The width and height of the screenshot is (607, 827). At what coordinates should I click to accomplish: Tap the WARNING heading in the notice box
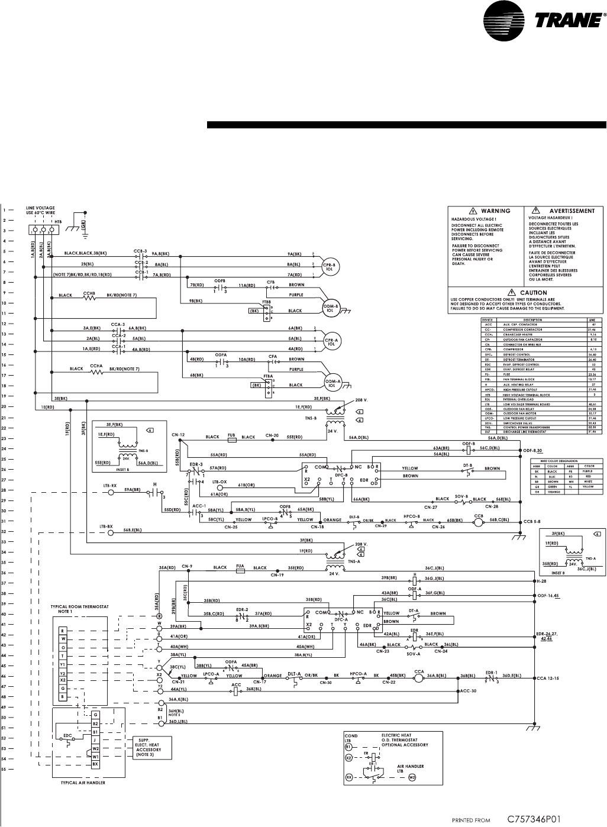point(495,211)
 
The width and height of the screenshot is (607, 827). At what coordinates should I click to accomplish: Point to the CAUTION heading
point(533,292)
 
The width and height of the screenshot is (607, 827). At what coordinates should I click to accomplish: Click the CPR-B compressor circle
point(329,266)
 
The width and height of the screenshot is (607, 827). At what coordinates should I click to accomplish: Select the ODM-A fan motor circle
point(329,381)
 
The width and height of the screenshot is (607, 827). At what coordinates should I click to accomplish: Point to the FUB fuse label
point(232,437)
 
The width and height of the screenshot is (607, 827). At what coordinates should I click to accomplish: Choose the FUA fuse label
point(240,567)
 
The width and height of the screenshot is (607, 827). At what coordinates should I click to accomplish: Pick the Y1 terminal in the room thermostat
point(62,664)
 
